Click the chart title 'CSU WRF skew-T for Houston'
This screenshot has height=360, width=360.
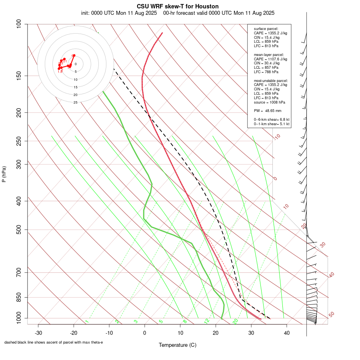[x=177, y=7]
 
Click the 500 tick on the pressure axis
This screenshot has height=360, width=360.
[x=19, y=230]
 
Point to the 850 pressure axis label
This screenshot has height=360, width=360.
[x=19, y=297]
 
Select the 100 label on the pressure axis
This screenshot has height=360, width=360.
[x=19, y=24]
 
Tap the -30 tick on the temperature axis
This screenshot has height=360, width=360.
[x=38, y=332]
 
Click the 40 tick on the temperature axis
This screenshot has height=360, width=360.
[x=286, y=332]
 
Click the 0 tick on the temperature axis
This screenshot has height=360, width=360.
[x=145, y=332]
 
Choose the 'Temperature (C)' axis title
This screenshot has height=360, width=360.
[x=177, y=345]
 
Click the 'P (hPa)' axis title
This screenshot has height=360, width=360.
[x=4, y=174]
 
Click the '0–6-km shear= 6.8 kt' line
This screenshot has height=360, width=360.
[x=272, y=120]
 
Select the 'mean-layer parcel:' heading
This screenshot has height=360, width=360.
[x=269, y=54]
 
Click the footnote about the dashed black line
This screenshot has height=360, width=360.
[x=54, y=342]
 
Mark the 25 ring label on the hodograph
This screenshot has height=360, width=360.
[x=75, y=102]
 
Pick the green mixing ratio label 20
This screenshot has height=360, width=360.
[x=236, y=321]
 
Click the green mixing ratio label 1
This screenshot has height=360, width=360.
[x=86, y=322]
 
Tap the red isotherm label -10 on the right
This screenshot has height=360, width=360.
[x=277, y=137]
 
